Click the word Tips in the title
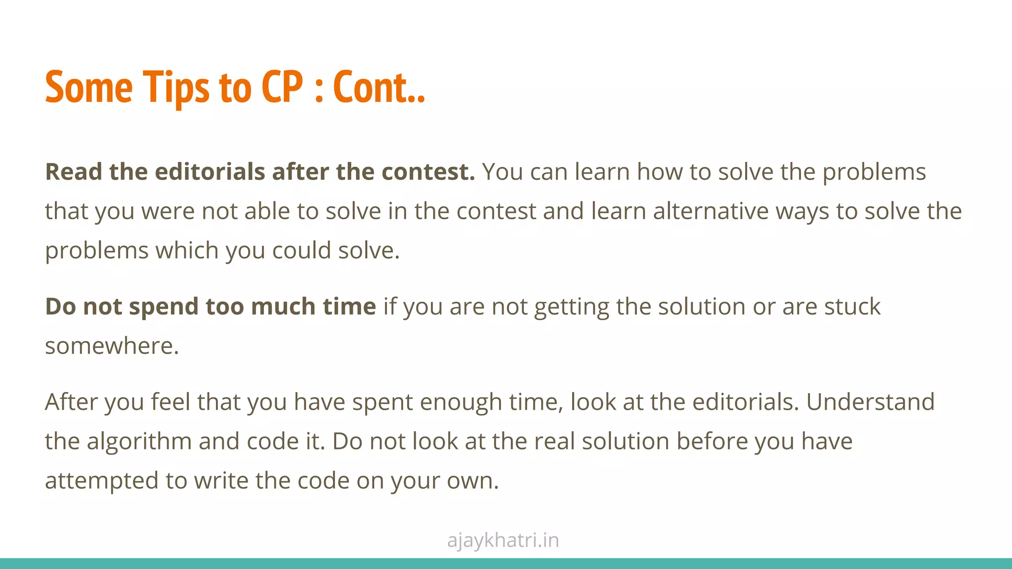point(176,87)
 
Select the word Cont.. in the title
point(379,87)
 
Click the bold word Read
point(74,172)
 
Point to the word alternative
point(711,211)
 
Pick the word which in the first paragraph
point(187,250)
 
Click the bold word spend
point(164,307)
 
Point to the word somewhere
point(112,346)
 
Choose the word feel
point(170,402)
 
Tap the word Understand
point(870,402)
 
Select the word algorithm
point(139,441)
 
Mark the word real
point(555,441)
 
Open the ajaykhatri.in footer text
point(503,540)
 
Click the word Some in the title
point(89,87)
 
